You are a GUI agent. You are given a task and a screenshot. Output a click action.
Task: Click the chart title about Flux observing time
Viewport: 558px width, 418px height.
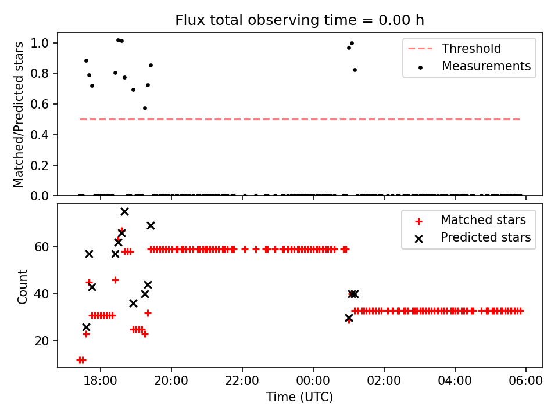299,20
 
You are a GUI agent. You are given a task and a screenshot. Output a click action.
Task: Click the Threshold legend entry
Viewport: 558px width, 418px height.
471,49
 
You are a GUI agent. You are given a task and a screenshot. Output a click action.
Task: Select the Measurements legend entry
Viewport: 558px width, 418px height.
486,66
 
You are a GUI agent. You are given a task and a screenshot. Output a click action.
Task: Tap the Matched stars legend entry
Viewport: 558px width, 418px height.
483,220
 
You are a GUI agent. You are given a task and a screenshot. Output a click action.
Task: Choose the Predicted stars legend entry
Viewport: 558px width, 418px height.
485,237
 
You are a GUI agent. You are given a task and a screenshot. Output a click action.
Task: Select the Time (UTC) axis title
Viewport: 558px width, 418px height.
299,397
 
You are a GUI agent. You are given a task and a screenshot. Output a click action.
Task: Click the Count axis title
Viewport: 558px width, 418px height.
23,286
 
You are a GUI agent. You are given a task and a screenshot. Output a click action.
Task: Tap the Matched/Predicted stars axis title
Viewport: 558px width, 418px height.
19,114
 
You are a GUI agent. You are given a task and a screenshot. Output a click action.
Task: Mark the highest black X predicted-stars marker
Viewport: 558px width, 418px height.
124,211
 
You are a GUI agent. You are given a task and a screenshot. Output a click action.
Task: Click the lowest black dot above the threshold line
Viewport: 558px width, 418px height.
145,108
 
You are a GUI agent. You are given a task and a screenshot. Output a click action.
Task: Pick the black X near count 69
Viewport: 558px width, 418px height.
151,225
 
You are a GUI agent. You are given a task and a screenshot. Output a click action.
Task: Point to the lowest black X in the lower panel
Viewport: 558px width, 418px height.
86,327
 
